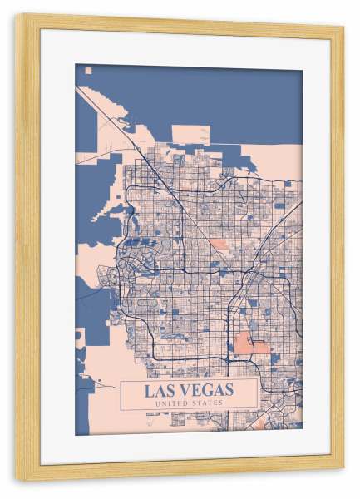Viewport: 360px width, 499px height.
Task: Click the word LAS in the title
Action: click(161, 390)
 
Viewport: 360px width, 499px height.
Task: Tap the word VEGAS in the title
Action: click(205, 390)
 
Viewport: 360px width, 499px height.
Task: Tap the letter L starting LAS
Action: click(150, 390)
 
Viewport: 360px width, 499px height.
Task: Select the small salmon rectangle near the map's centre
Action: click(217, 245)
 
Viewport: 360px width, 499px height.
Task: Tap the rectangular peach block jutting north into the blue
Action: click(190, 135)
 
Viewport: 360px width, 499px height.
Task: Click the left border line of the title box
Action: click(121, 395)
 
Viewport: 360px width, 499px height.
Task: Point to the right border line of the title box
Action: click(256, 395)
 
